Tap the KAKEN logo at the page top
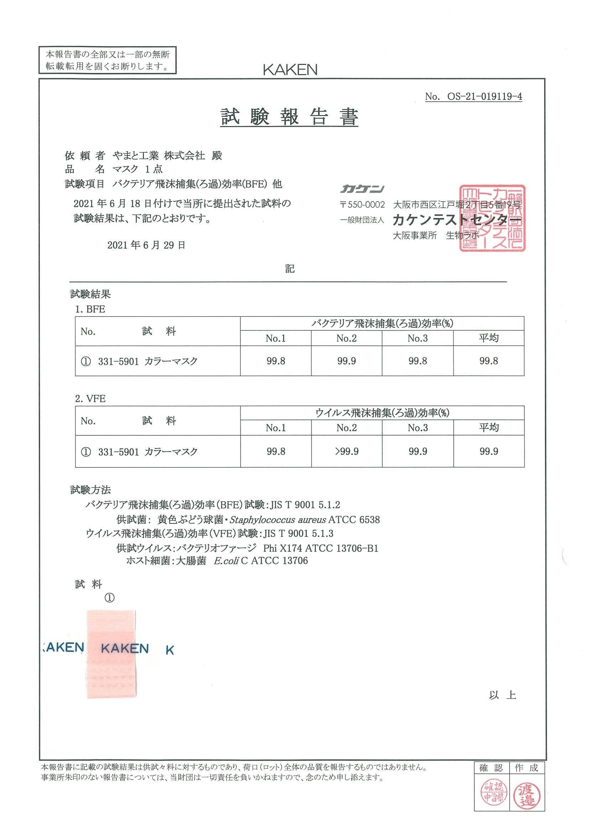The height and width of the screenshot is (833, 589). click(x=290, y=69)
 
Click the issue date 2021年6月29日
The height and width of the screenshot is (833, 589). click(x=146, y=245)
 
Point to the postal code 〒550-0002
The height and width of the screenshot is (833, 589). click(x=362, y=205)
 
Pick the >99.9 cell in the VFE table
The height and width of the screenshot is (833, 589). click(x=346, y=451)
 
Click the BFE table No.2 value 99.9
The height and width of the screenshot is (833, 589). click(x=346, y=361)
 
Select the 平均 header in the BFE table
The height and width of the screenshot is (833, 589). click(x=489, y=338)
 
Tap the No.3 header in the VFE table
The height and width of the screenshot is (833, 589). click(x=417, y=428)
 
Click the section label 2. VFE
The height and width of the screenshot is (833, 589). click(x=90, y=399)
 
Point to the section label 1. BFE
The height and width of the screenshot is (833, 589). click(x=90, y=309)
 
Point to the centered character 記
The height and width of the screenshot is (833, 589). click(x=290, y=269)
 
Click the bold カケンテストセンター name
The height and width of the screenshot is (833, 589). click(x=456, y=220)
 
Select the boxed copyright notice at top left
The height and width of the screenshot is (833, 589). click(x=108, y=60)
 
